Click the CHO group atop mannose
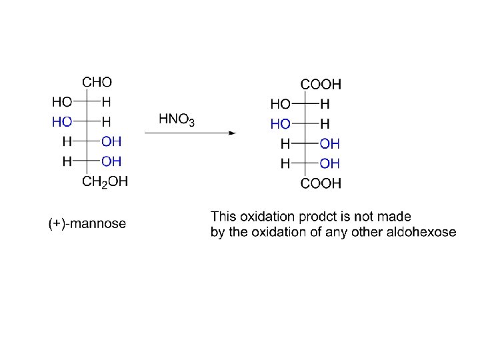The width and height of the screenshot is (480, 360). (x=97, y=83)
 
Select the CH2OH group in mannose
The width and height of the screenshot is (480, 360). (x=105, y=181)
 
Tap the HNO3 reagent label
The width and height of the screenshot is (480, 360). (x=177, y=120)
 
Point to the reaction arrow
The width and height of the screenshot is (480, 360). (x=190, y=133)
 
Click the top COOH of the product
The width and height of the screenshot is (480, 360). (x=321, y=85)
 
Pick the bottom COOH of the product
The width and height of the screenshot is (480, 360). (x=321, y=184)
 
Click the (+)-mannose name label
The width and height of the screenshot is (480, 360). (x=87, y=224)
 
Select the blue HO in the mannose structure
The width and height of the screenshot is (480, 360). (x=62, y=121)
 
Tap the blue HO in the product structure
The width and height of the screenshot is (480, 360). (x=280, y=124)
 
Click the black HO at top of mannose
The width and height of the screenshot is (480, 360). (x=62, y=102)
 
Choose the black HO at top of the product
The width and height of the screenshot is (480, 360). (x=280, y=105)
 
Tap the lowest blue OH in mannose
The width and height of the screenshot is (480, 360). (x=111, y=161)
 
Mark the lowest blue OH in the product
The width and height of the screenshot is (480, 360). (x=329, y=163)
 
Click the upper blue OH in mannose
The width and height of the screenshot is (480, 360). (x=111, y=141)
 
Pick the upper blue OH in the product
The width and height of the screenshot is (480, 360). (x=329, y=144)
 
